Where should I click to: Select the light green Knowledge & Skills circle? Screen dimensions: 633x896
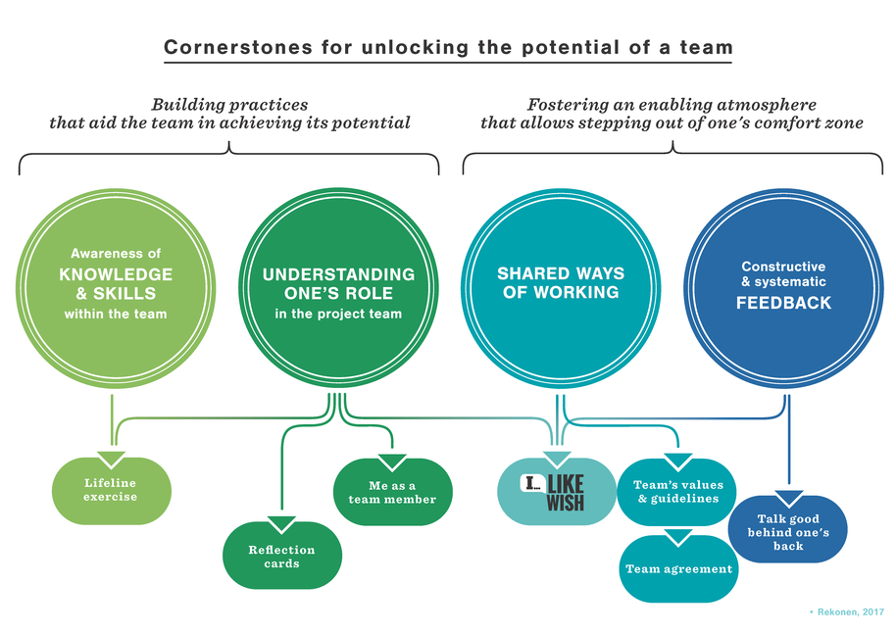point(116,283)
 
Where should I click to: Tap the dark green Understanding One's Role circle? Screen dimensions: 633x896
point(338,283)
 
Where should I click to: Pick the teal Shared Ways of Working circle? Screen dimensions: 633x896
point(560,283)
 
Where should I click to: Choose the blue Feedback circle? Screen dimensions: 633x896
point(783,283)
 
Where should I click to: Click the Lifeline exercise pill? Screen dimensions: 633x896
point(111,490)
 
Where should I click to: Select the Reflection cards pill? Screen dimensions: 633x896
point(282,557)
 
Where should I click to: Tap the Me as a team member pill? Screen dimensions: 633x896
point(392,492)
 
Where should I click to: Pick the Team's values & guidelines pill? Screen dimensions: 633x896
point(677,492)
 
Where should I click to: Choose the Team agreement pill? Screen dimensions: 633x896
point(678,568)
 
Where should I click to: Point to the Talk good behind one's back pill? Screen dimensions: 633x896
point(788,532)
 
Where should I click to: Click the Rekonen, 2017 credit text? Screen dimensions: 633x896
point(848,611)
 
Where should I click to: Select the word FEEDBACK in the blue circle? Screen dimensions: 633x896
point(783,304)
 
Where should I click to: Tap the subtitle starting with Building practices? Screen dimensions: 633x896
point(229,114)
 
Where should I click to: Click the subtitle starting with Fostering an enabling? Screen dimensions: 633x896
point(672,114)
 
